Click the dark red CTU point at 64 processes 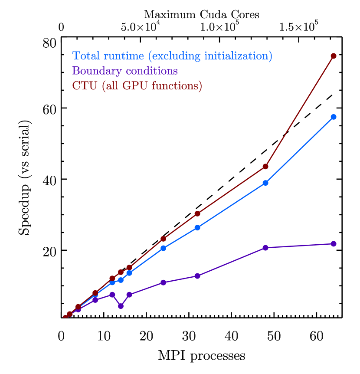click(x=334, y=56)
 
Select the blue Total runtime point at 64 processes click(x=334, y=117)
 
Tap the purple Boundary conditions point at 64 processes click(x=334, y=244)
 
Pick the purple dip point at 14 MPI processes click(x=121, y=306)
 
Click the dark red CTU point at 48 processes click(x=265, y=166)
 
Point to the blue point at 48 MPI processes click(x=265, y=183)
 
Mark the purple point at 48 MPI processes click(x=265, y=248)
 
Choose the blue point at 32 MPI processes click(x=197, y=227)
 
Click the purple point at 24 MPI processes click(x=163, y=282)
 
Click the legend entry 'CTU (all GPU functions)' click(x=137, y=85)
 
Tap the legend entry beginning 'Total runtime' click(x=172, y=56)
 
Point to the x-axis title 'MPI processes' click(x=201, y=356)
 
